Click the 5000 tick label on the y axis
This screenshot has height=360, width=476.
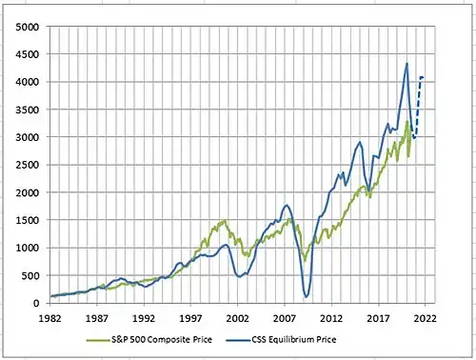[x=28, y=27]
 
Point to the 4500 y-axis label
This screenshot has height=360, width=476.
[x=28, y=54]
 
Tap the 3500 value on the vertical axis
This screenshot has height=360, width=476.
[x=28, y=110]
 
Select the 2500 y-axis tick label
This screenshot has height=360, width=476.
[x=28, y=165]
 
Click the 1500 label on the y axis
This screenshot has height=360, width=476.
[x=28, y=220]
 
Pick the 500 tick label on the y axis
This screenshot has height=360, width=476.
[x=30, y=275]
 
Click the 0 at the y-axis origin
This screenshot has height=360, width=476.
[x=36, y=303]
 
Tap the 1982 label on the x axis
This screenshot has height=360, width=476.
[x=50, y=318]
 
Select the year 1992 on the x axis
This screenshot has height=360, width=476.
[x=144, y=318]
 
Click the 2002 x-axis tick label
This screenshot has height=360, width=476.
[x=237, y=318]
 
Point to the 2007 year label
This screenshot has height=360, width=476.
[x=285, y=318]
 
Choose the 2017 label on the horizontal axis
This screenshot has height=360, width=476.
[x=378, y=318]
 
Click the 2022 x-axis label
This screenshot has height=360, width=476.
[x=426, y=318]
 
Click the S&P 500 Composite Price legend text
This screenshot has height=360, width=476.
[x=162, y=340]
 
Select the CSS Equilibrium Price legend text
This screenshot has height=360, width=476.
[x=294, y=340]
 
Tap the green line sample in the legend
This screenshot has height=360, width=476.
[x=99, y=340]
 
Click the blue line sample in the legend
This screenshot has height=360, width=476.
[x=239, y=340]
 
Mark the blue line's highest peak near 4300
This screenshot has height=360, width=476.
[x=407, y=64]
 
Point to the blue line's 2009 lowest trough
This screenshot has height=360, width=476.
[x=306, y=297]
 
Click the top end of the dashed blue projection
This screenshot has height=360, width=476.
[x=423, y=77]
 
